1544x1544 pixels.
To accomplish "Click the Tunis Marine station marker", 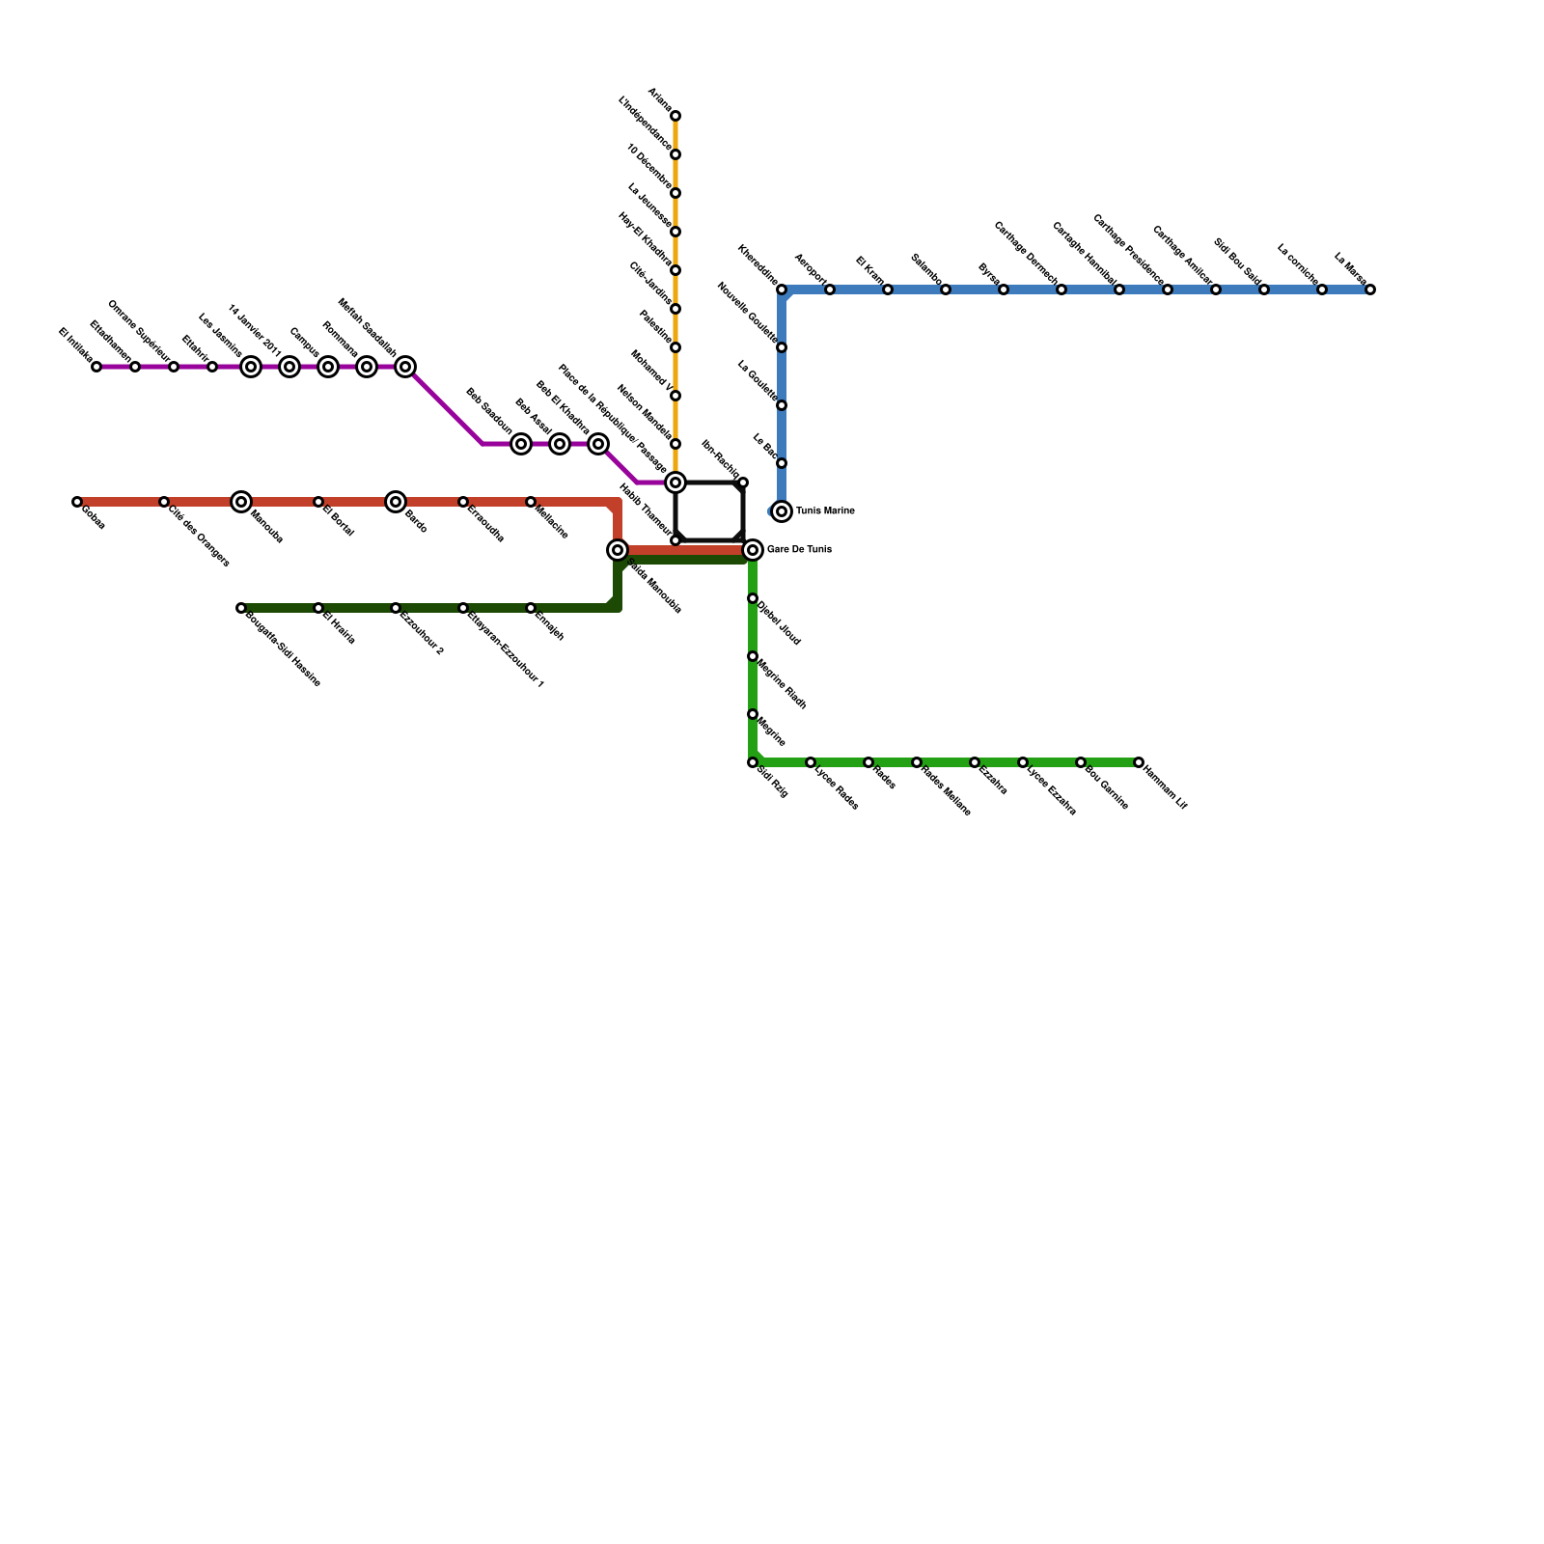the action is click(x=782, y=511).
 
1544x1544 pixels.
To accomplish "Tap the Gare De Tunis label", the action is click(x=799, y=550).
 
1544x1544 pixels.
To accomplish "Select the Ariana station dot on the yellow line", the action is click(x=675, y=116).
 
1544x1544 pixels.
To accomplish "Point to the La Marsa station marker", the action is click(x=1370, y=289).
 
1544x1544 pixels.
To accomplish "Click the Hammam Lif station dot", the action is click(x=1139, y=762).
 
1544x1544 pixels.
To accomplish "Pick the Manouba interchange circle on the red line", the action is click(x=241, y=502).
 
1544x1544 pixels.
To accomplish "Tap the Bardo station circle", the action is click(x=396, y=502).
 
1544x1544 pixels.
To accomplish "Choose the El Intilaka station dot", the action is click(x=96, y=367).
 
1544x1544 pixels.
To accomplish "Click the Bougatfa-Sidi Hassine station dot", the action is click(x=241, y=608).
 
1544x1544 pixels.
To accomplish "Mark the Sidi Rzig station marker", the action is click(x=753, y=762).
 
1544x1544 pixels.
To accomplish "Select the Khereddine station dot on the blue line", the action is click(x=782, y=289).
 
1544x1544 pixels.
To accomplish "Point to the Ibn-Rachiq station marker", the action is click(x=743, y=482).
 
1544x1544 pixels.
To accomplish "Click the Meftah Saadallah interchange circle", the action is click(x=405, y=367).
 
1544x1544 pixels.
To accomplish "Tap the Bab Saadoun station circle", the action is click(x=521, y=444).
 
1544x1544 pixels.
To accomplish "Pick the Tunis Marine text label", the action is click(x=825, y=511).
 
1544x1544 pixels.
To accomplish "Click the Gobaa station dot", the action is click(x=77, y=502).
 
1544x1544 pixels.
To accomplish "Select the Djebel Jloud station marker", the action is click(x=753, y=598).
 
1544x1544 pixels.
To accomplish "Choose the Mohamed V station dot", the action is click(x=675, y=396).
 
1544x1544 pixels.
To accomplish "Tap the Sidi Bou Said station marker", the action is click(x=1264, y=289).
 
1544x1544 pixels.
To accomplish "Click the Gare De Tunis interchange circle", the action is click(x=753, y=550).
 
